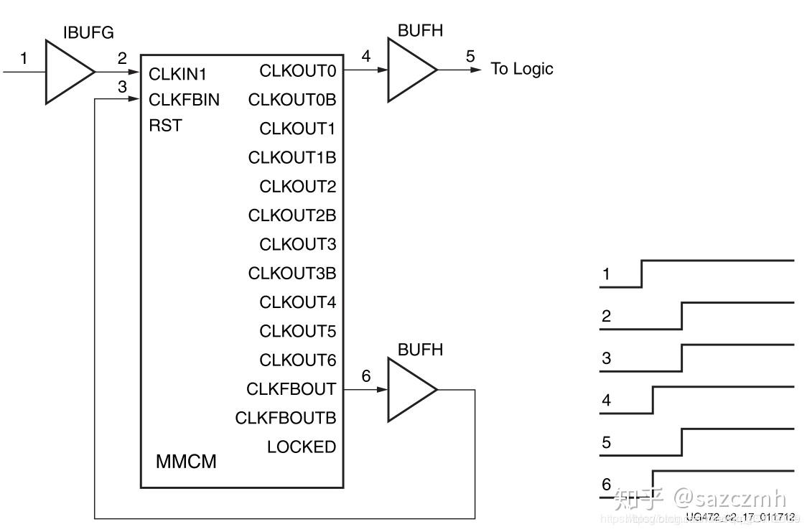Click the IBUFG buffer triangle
coord(67,72)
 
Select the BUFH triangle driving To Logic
coord(409,70)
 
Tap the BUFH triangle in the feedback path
coord(409,389)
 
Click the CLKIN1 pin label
coord(177,74)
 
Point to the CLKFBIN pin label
coord(184,100)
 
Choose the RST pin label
coord(165,126)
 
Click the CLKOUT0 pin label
coord(297,70)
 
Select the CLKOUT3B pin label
coord(291,274)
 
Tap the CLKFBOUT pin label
coord(291,389)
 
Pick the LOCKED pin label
coord(301,447)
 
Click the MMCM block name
coord(186,462)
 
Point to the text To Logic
coord(522,69)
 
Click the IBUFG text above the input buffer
coord(88,32)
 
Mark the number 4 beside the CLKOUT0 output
coord(366,56)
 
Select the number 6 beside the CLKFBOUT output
coord(366,375)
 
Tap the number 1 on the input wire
coord(24,58)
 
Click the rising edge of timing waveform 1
coord(641,274)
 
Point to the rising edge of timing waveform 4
coord(653,400)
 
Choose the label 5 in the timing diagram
coord(607,442)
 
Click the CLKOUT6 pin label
coord(297,360)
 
